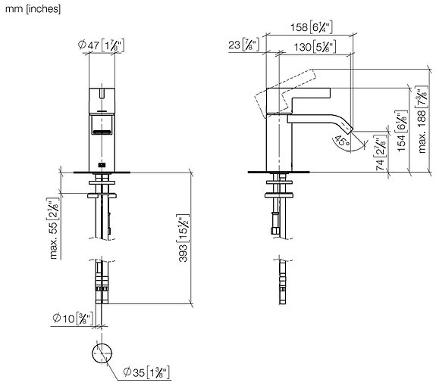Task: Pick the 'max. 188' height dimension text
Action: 420,121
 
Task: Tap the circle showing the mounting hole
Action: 102,353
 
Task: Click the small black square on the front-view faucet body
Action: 102,163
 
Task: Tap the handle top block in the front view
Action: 102,99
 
